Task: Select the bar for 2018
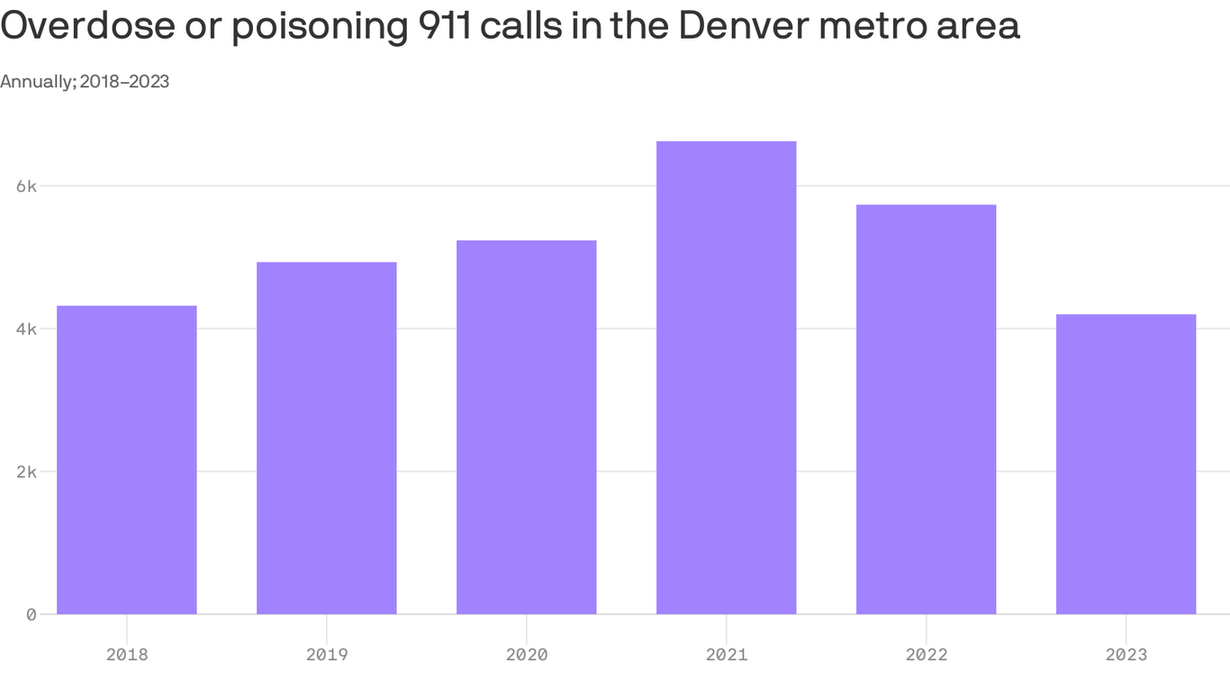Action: [x=127, y=460]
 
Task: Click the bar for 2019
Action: [x=327, y=438]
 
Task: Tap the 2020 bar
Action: [x=527, y=427]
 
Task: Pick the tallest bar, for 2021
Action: [x=727, y=378]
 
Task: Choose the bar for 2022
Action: [x=927, y=409]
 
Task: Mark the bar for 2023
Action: [x=1126, y=464]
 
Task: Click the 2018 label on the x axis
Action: [x=127, y=654]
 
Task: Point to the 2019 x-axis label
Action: [x=327, y=654]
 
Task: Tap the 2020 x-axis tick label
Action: [x=527, y=654]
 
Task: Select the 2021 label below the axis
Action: [x=727, y=654]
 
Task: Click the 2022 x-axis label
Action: [x=927, y=654]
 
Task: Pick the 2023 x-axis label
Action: [x=1126, y=654]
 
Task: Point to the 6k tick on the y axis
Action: [x=26, y=186]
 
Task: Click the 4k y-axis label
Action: [x=26, y=329]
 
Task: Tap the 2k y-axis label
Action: [x=26, y=471]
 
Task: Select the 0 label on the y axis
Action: [x=31, y=615]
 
